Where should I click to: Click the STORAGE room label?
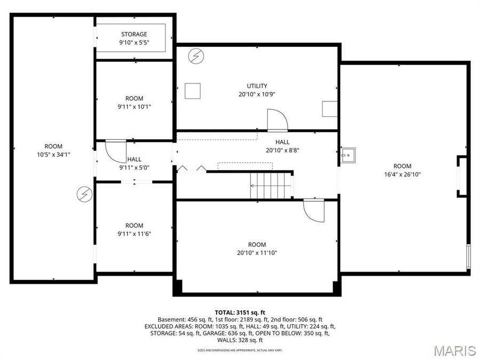point(134,35)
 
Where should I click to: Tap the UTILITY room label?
point(257,86)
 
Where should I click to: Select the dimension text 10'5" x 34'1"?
point(53,155)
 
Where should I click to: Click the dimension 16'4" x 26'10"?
point(403,174)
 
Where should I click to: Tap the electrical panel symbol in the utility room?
point(197,55)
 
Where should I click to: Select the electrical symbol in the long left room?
point(84,194)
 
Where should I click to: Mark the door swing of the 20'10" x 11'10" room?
point(314,210)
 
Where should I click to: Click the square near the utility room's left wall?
point(192,91)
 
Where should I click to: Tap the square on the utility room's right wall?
point(330,109)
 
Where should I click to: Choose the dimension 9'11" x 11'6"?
point(134,233)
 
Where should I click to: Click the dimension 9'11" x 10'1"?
point(134,106)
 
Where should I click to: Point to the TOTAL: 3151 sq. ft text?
point(240,312)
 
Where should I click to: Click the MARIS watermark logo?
point(454,350)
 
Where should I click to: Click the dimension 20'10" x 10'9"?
point(257,94)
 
